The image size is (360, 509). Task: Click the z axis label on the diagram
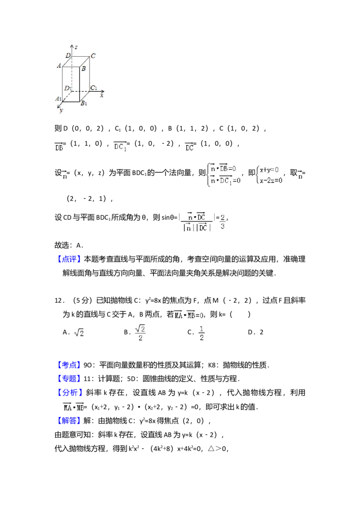77,47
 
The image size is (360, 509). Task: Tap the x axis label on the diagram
102,95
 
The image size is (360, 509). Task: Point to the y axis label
61,110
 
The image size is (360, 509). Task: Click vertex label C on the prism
93,56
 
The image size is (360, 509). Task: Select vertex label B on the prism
84,68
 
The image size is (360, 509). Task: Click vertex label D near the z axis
67,55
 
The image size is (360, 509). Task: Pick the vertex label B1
83,103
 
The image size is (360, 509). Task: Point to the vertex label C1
94,88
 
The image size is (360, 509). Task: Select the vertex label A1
58,99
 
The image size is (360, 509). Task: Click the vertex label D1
67,88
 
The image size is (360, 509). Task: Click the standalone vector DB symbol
59,147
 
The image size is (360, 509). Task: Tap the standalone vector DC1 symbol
120,147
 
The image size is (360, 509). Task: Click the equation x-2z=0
271,180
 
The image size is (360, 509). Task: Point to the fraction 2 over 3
223,222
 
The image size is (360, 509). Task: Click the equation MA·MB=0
189,315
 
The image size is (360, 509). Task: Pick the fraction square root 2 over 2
140,333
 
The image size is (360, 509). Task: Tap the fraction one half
201,333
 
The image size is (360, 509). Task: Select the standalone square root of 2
79,333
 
